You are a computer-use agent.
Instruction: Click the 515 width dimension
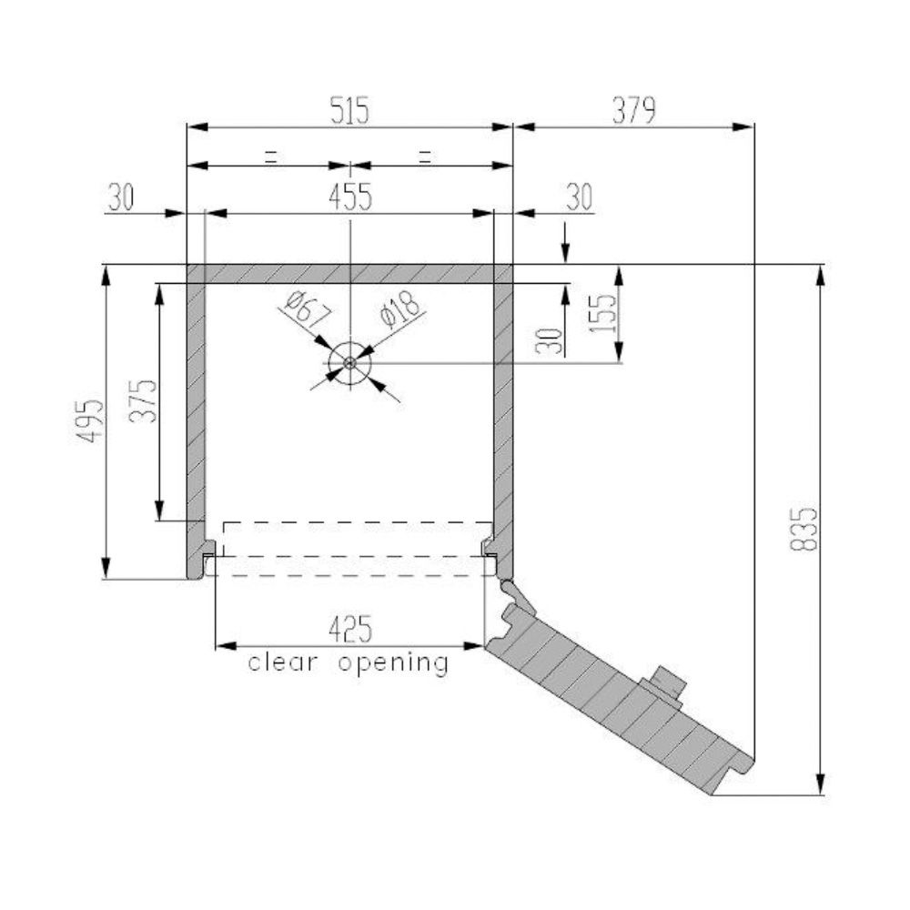(x=349, y=110)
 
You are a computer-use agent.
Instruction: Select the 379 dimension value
(x=633, y=110)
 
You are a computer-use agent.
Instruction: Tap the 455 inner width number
(x=350, y=197)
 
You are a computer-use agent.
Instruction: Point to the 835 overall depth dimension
(x=804, y=529)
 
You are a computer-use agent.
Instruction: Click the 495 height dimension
(x=91, y=420)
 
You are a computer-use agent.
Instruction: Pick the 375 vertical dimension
(x=143, y=401)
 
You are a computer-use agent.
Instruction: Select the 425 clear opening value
(x=350, y=629)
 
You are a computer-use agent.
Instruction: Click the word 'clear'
(x=283, y=662)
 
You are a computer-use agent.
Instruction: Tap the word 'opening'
(x=393, y=663)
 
